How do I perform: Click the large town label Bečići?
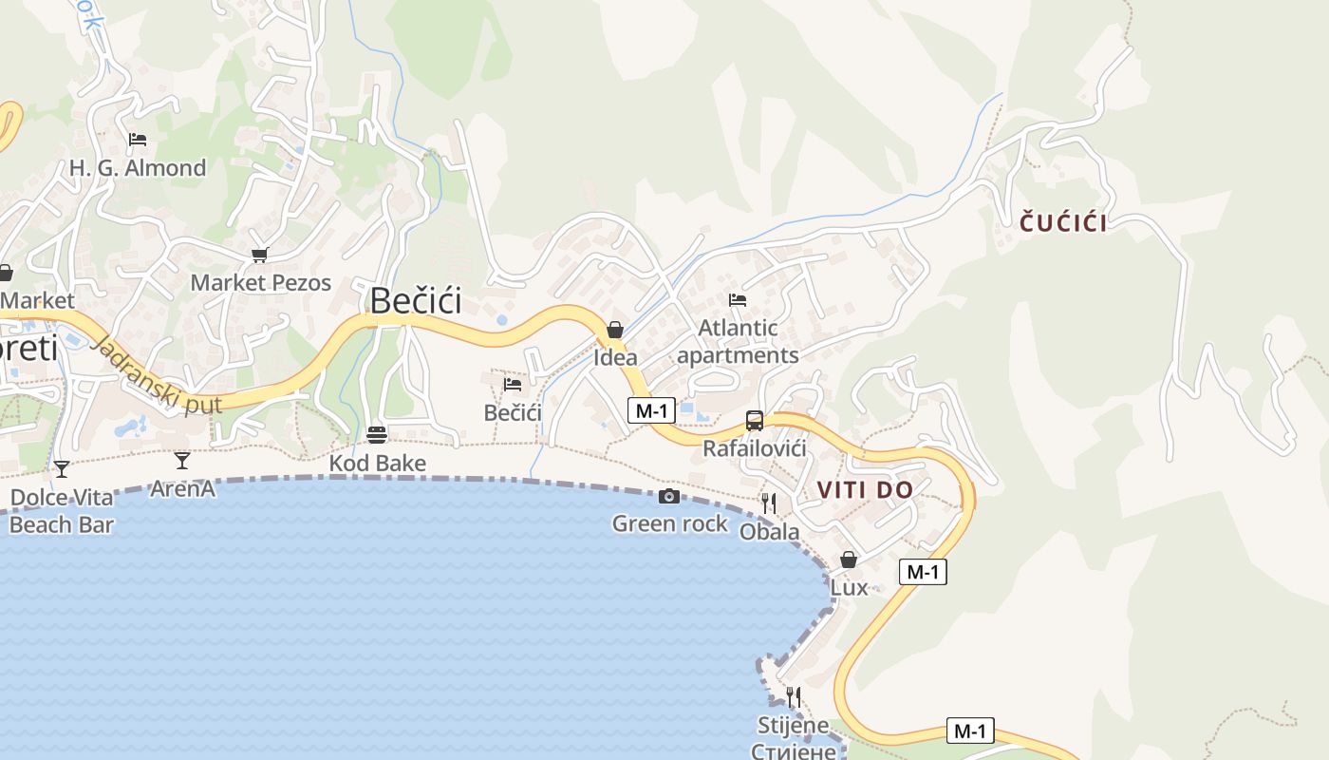click(416, 300)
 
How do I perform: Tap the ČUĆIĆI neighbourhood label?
click(1063, 223)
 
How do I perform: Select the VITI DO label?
click(865, 490)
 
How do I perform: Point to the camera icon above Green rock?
click(669, 497)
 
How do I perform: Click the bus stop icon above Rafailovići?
click(755, 420)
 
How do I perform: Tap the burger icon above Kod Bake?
click(377, 435)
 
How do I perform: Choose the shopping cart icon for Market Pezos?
click(260, 255)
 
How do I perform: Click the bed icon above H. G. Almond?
click(138, 140)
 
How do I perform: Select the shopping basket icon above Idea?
click(615, 330)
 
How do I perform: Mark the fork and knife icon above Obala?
click(769, 503)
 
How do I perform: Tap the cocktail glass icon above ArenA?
click(182, 461)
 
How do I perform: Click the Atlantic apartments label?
click(738, 342)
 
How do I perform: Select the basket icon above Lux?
click(849, 560)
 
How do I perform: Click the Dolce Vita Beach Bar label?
click(62, 511)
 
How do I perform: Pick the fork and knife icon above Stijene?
click(794, 697)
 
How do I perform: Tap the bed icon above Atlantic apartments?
click(738, 300)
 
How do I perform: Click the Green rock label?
click(670, 523)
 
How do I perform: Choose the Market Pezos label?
click(261, 282)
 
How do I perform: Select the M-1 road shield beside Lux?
click(923, 572)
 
